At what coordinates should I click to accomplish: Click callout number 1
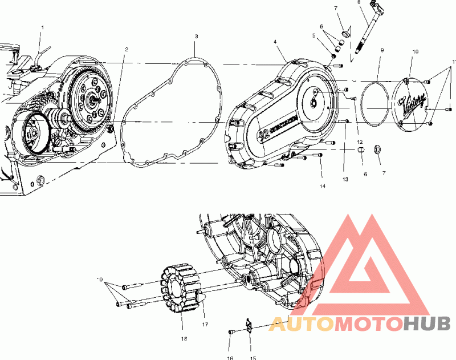(x=42, y=27)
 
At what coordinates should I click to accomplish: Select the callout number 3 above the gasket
(x=196, y=36)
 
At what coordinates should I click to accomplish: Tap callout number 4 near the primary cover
(x=275, y=42)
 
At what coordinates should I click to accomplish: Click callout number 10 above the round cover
(x=415, y=51)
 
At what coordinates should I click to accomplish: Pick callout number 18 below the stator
(x=184, y=338)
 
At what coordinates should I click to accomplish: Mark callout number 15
(x=252, y=358)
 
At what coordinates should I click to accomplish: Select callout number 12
(x=360, y=141)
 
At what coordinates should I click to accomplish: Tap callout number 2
(x=127, y=49)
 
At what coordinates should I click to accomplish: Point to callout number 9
(x=382, y=50)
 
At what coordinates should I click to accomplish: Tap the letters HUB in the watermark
(x=427, y=323)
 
